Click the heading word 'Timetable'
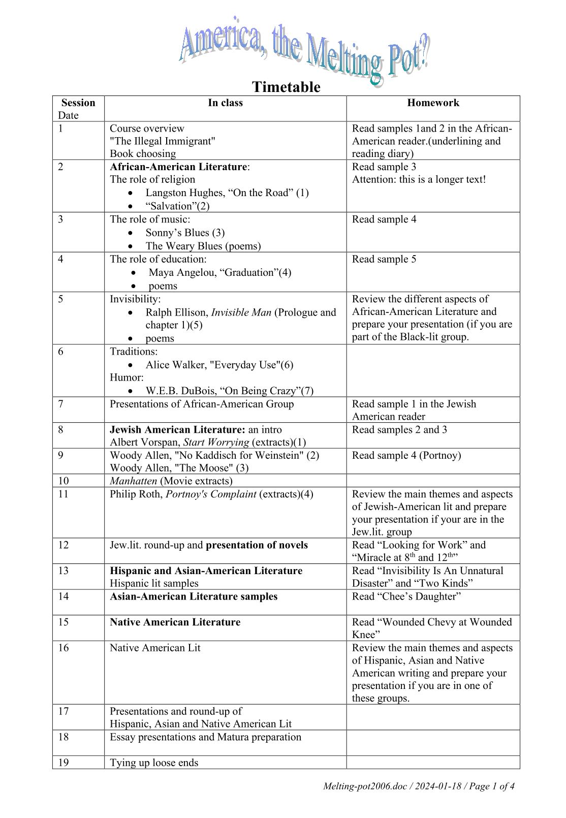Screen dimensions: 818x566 [x=286, y=87]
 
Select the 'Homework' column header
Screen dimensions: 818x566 [x=433, y=103]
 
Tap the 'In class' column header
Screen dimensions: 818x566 [x=225, y=103]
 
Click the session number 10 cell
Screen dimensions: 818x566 [x=64, y=481]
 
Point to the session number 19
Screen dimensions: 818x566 [x=64, y=762]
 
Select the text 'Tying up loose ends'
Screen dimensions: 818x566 [x=154, y=762]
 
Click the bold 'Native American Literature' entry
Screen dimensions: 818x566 [x=175, y=622]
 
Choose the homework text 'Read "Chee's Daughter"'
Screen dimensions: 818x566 [x=406, y=596]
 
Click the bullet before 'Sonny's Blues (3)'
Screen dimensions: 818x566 [x=132, y=233]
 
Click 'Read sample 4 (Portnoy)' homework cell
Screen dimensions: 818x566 [x=406, y=455]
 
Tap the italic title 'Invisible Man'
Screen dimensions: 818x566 [x=241, y=312]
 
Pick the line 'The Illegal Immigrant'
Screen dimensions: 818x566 [x=163, y=141]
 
